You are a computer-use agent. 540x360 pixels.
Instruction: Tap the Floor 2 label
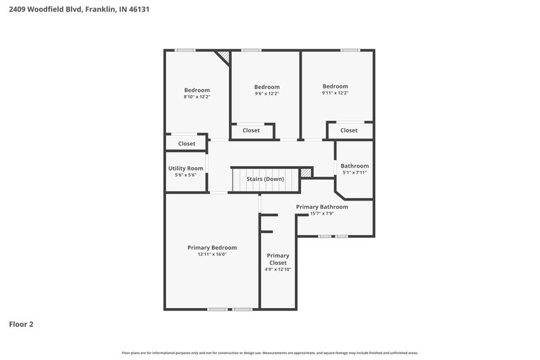[21, 324]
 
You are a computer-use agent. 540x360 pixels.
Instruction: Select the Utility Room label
[186, 168]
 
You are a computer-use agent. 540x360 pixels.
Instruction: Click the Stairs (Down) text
[265, 179]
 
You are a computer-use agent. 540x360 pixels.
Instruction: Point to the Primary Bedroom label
[212, 247]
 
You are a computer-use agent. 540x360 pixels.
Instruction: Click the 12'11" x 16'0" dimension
[212, 255]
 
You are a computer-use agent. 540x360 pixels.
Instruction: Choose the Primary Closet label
[278, 259]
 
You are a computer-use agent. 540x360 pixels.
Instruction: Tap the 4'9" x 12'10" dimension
[278, 269]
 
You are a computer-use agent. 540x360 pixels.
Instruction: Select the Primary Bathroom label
[322, 207]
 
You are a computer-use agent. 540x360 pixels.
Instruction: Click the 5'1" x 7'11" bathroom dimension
[354, 173]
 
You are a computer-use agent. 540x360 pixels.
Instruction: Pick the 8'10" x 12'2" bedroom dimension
[197, 97]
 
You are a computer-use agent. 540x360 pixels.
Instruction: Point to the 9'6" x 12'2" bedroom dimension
[267, 94]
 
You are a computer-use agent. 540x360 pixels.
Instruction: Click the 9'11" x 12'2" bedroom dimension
[335, 93]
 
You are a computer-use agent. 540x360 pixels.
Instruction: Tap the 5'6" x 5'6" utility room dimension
[186, 176]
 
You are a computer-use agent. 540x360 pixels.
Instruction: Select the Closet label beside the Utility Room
[186, 143]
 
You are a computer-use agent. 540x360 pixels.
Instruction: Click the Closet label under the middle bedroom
[251, 130]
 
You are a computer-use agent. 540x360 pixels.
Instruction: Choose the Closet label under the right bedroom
[348, 130]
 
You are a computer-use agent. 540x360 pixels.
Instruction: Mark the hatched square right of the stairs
[306, 173]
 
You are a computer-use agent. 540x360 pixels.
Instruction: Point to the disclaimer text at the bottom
[269, 353]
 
